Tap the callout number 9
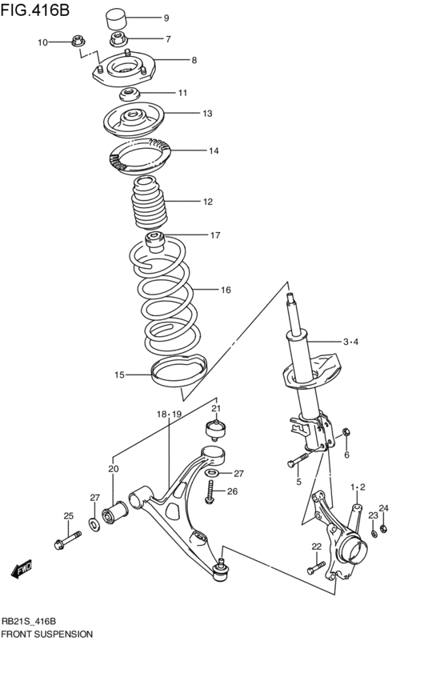click(x=166, y=18)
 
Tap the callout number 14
click(x=214, y=150)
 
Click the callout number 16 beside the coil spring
click(x=226, y=290)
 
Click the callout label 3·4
click(x=351, y=342)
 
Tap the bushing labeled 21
click(x=215, y=429)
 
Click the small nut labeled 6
click(x=346, y=435)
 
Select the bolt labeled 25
click(x=66, y=543)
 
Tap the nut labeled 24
click(x=382, y=528)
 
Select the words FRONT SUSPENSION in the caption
click(x=47, y=634)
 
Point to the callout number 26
click(x=232, y=491)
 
